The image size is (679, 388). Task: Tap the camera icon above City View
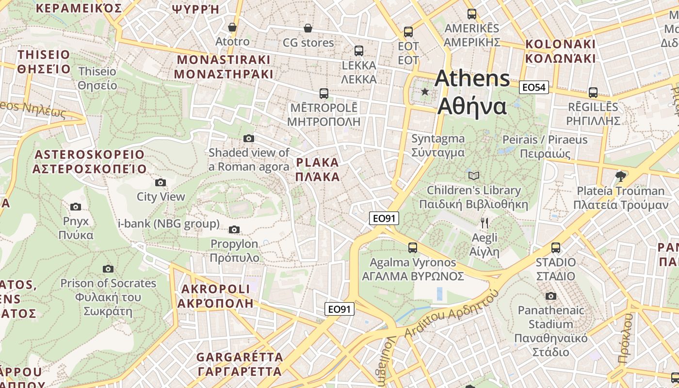click(x=161, y=183)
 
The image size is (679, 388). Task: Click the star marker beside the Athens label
click(x=425, y=91)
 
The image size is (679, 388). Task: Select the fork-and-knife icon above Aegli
click(x=484, y=223)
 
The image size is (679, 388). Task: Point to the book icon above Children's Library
click(x=473, y=176)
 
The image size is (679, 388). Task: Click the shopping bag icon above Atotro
click(x=232, y=27)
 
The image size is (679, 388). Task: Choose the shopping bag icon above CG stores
click(x=307, y=29)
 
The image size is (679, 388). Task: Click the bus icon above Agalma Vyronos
click(x=413, y=248)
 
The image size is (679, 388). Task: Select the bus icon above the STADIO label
click(x=556, y=248)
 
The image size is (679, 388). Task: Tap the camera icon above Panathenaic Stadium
click(x=550, y=296)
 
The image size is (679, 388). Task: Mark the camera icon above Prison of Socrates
click(x=108, y=269)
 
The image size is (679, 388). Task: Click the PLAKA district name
click(x=318, y=162)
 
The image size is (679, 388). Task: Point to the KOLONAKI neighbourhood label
click(x=560, y=44)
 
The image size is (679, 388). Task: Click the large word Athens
click(x=472, y=79)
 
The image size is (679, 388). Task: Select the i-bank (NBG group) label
click(x=169, y=224)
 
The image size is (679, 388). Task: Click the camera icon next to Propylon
click(x=234, y=229)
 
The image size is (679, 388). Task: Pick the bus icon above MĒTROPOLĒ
click(x=323, y=93)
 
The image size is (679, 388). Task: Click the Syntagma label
click(x=438, y=139)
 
